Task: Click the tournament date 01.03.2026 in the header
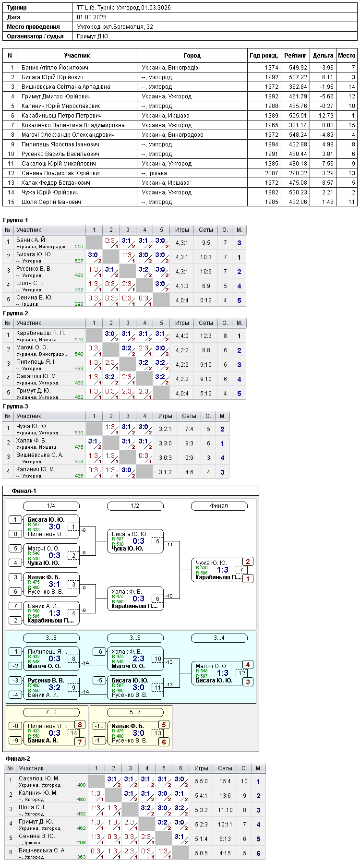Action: point(92,17)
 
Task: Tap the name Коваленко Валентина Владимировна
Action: point(73,125)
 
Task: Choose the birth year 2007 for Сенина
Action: point(272,173)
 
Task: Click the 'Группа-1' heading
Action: point(15,220)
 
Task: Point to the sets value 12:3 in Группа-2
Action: point(206,336)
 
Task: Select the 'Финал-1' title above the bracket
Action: point(24,491)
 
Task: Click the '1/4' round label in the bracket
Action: point(51,506)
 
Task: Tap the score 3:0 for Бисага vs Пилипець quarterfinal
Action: point(54,527)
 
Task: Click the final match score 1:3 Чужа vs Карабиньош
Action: point(223,570)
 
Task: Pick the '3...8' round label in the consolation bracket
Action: point(51,638)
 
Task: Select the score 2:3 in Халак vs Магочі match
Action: point(138,658)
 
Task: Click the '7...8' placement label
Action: point(51,712)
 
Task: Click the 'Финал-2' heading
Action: point(18,759)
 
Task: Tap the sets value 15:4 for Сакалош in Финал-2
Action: point(225,781)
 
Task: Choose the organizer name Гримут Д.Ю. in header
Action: point(94,36)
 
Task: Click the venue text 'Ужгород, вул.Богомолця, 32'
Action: point(115,27)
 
